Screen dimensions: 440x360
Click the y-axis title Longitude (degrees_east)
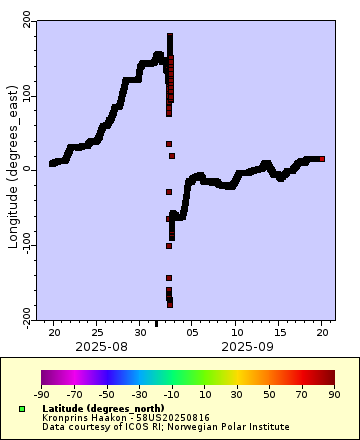[13, 168]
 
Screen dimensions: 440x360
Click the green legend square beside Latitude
[21, 408]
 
